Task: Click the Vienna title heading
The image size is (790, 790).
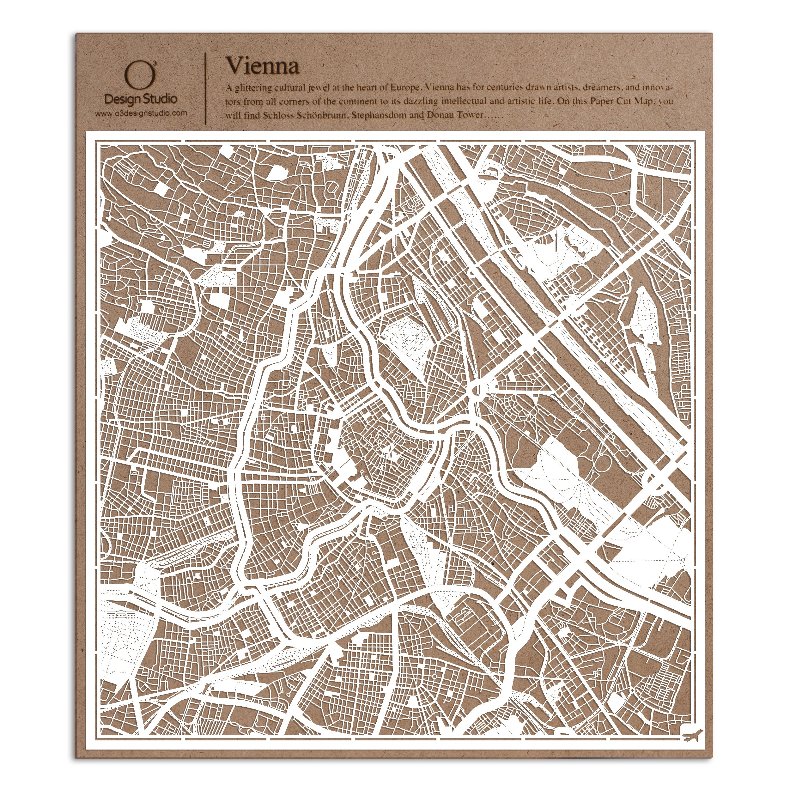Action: tap(263, 65)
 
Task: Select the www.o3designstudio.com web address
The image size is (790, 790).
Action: tap(141, 113)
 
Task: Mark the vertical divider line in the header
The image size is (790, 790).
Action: tap(205, 88)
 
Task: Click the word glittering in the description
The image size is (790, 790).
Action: tap(251, 88)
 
